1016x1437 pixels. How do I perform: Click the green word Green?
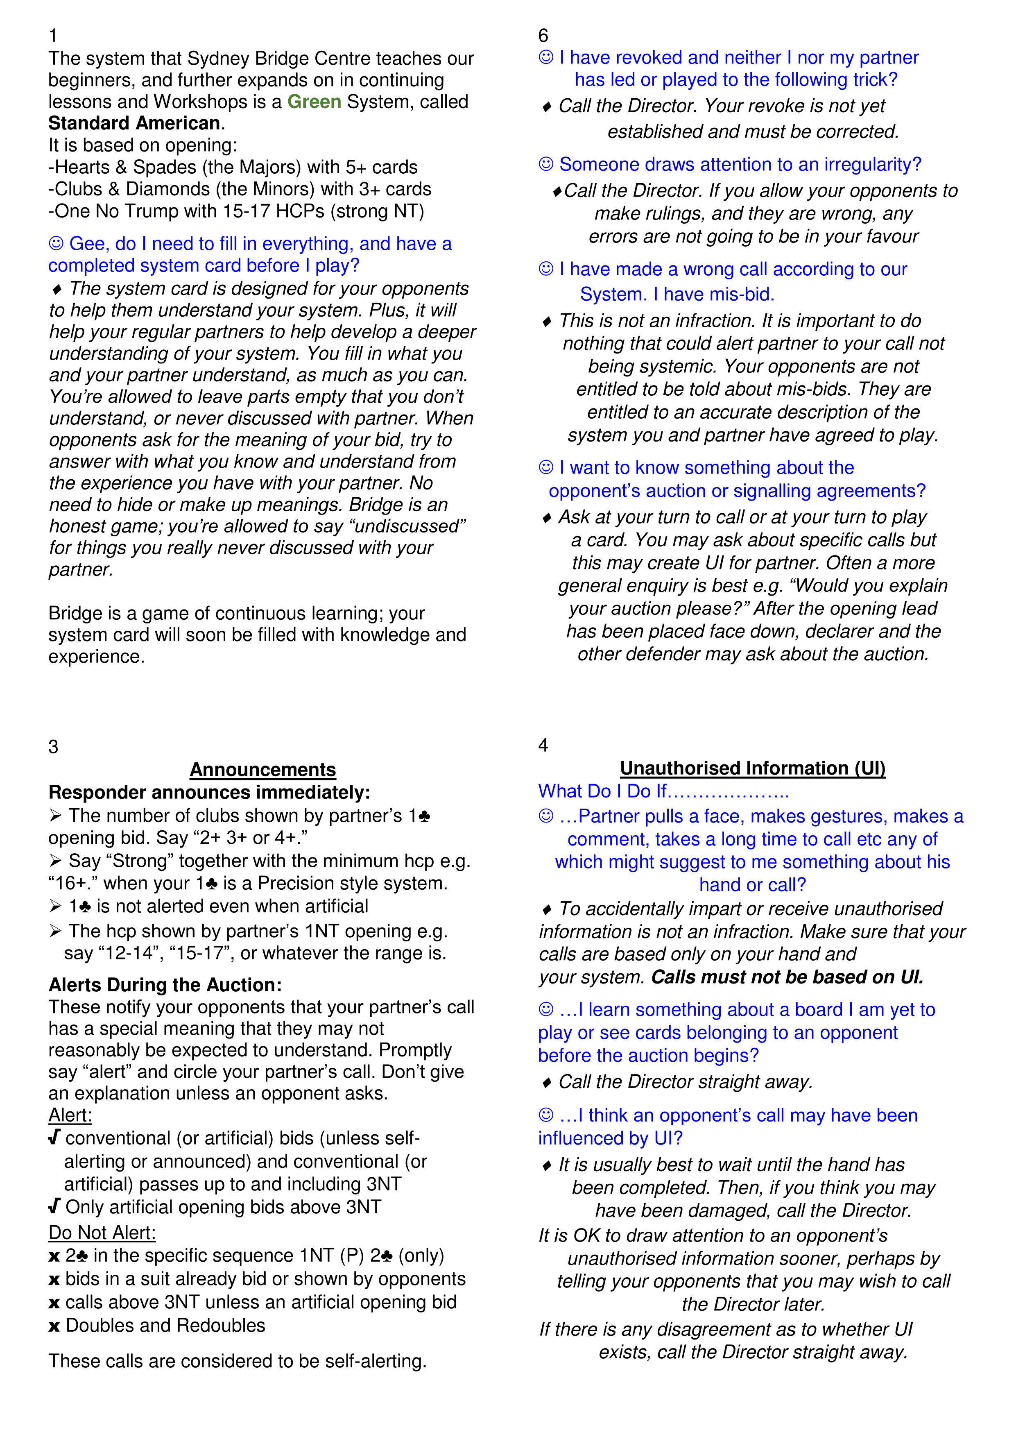[314, 102]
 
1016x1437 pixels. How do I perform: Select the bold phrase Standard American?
[134, 123]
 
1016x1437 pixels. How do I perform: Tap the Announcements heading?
[263, 769]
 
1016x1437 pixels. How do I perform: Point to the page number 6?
[543, 36]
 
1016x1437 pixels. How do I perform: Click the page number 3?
[53, 747]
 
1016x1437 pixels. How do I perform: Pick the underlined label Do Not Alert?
[102, 1232]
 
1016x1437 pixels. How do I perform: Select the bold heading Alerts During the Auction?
[165, 984]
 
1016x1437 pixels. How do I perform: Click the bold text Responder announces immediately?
[209, 792]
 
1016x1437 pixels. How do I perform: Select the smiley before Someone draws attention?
[546, 164]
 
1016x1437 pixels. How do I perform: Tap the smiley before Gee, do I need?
[56, 243]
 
